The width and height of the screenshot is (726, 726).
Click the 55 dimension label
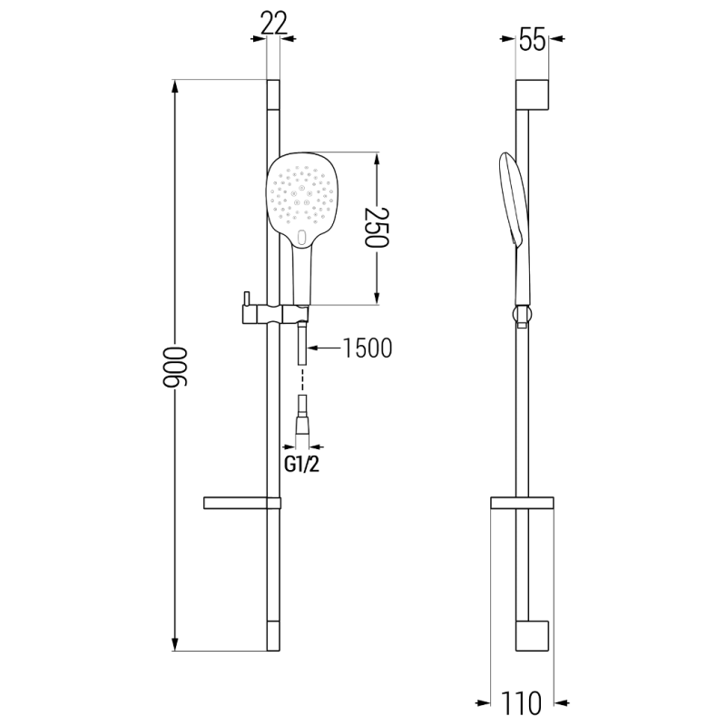pyautogui.click(x=532, y=40)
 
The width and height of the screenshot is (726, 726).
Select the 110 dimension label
pyautogui.click(x=525, y=703)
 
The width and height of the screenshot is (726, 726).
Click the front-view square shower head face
pyautogui.click(x=299, y=195)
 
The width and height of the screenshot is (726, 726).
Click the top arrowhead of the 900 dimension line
pyautogui.click(x=175, y=87)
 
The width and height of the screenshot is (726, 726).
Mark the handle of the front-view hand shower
pyautogui.click(x=300, y=277)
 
